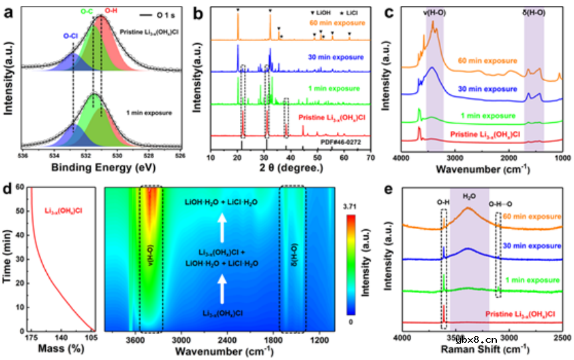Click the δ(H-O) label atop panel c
click(x=533, y=11)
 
